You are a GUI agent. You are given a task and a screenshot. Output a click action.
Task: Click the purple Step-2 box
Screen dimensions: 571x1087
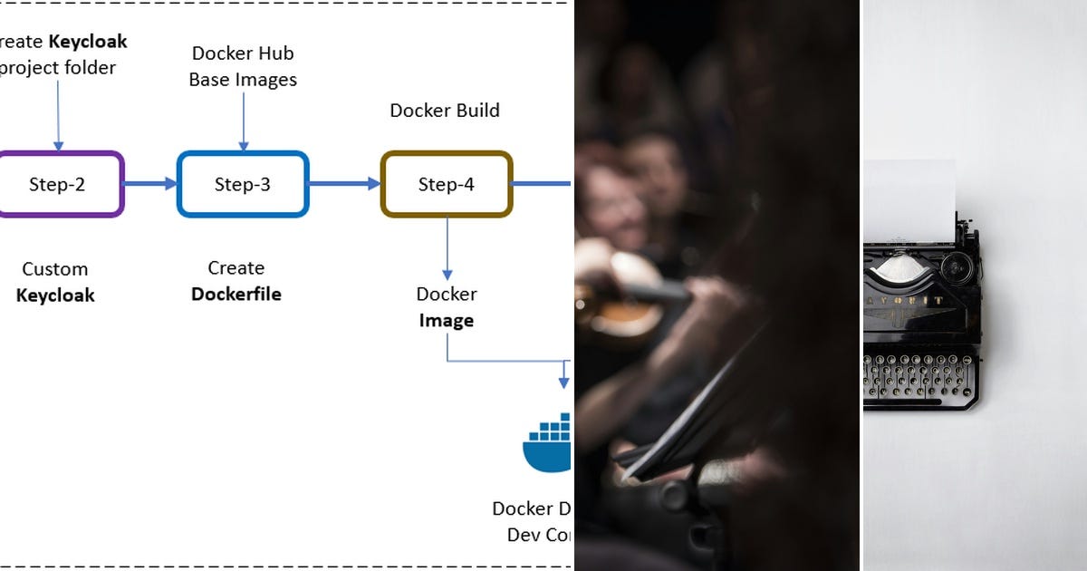tap(57, 184)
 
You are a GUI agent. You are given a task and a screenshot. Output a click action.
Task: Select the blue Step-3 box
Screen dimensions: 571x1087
tap(242, 184)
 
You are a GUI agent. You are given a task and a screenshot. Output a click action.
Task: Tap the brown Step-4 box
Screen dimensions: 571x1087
tap(446, 184)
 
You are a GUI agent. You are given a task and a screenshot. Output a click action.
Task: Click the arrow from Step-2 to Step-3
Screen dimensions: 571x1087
tap(150, 184)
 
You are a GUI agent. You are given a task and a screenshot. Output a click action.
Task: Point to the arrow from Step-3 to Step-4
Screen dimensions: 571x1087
tap(344, 184)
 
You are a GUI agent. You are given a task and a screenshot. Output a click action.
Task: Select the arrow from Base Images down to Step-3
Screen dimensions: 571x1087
tap(243, 121)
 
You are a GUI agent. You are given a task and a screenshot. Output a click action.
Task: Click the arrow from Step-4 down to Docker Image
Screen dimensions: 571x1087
tap(447, 248)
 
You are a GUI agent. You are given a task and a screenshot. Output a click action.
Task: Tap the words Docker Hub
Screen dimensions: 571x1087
tap(243, 53)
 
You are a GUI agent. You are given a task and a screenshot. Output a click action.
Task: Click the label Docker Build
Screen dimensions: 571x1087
tap(445, 111)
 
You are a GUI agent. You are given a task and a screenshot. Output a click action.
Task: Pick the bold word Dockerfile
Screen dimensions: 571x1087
tap(236, 295)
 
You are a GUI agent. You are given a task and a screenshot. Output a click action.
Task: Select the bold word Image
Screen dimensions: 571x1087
tap(446, 321)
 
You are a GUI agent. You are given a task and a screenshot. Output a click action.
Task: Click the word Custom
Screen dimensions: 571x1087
tap(55, 269)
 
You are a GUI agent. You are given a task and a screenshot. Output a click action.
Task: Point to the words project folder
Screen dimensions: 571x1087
tap(60, 68)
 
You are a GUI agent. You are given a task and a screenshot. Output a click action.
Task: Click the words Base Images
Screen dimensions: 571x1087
tap(243, 80)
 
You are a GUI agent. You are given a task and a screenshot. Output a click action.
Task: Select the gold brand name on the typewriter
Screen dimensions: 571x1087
tap(910, 300)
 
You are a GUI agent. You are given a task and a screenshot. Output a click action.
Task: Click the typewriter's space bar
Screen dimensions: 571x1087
tap(919, 395)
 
